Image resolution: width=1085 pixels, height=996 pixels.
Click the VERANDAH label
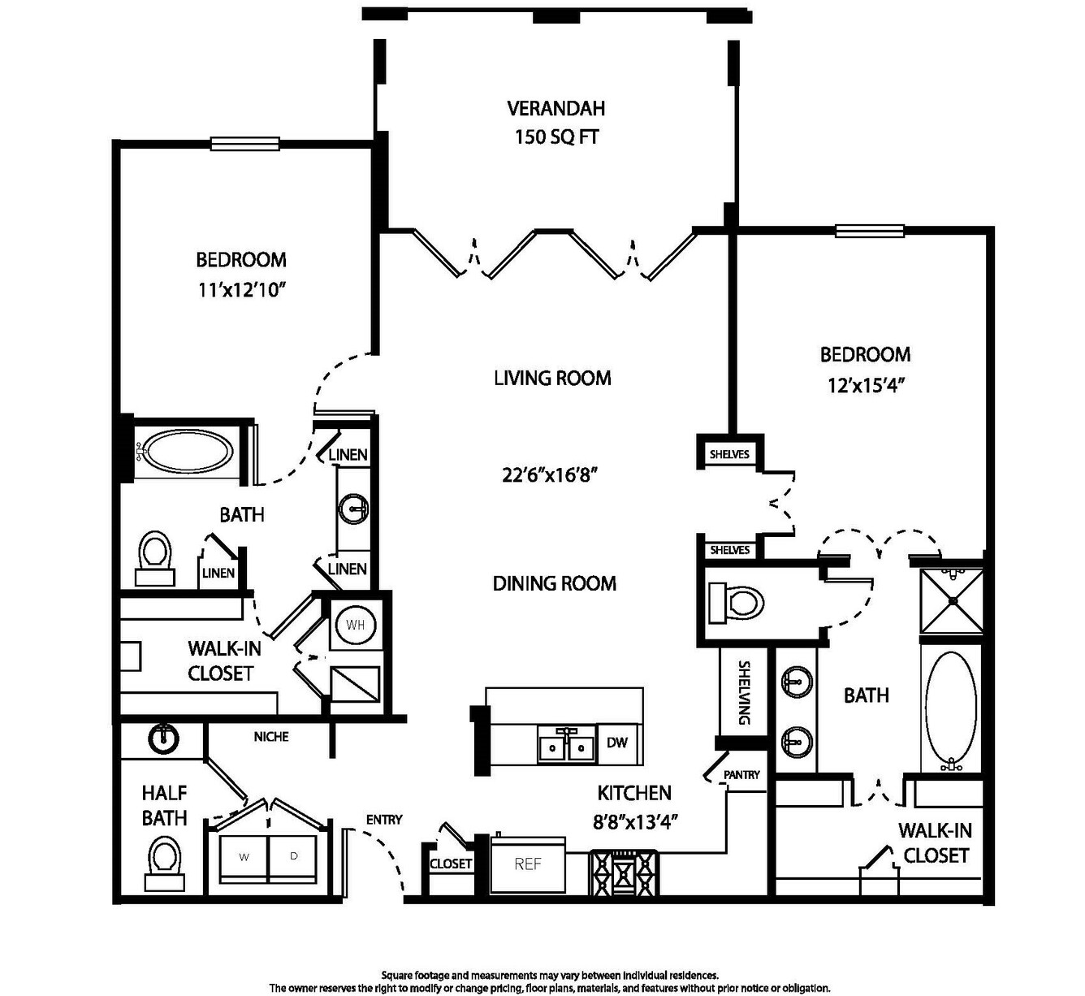point(556,108)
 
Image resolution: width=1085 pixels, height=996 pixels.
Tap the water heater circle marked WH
point(355,626)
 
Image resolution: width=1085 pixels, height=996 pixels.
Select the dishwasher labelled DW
point(617,743)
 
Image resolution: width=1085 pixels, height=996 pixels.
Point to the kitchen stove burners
point(625,873)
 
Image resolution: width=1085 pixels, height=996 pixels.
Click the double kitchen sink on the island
point(566,746)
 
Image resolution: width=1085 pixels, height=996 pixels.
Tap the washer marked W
point(244,858)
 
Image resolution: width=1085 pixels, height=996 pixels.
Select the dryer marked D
point(292,858)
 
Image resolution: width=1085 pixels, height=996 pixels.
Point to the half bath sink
point(162,738)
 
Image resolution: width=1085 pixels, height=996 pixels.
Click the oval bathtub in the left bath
point(189,451)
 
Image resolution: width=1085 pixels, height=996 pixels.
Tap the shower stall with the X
point(951,600)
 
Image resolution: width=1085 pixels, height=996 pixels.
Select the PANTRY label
point(741,774)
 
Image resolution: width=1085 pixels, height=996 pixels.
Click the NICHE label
point(271,737)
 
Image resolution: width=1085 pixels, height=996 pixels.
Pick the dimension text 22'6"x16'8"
point(550,475)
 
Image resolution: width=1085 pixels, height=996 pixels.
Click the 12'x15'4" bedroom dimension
point(866,385)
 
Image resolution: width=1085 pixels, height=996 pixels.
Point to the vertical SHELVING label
point(745,693)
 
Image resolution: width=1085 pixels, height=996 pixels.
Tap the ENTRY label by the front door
point(384,820)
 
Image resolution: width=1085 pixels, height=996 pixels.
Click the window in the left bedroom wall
point(244,144)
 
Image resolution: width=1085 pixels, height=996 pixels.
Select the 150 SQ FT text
point(556,137)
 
